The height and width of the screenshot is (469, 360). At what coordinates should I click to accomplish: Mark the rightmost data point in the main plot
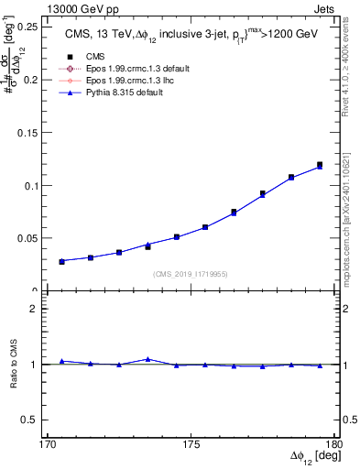pyautogui.click(x=320, y=165)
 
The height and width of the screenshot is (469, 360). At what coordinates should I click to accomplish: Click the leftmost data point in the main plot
pyautogui.click(x=62, y=261)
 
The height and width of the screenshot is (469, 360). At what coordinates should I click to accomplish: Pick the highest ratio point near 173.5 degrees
pyautogui.click(x=147, y=359)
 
